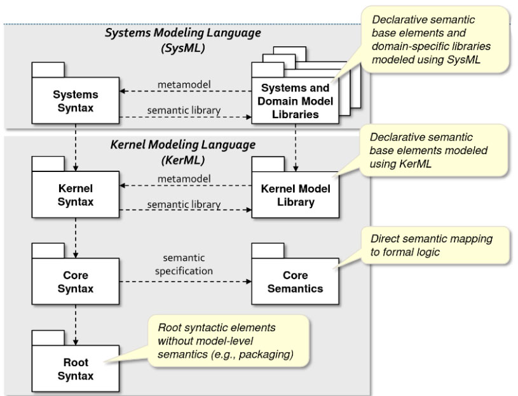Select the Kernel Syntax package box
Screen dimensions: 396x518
click(x=76, y=194)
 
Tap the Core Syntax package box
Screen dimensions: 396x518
click(x=76, y=282)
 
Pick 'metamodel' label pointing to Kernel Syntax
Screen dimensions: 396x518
click(x=184, y=180)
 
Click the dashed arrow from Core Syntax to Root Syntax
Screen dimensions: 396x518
click(x=76, y=321)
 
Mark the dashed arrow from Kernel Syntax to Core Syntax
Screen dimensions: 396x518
click(x=76, y=234)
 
